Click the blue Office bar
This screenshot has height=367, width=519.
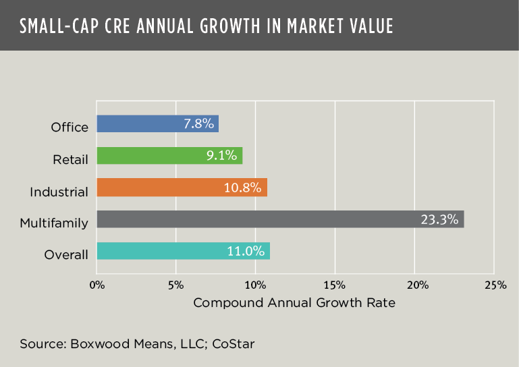[157, 123]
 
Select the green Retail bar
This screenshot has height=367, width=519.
[169, 156]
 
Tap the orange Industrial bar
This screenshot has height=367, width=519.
[182, 187]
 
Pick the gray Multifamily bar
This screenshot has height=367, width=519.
[280, 219]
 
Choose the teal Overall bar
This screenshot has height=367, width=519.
[183, 251]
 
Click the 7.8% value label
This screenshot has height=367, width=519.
[199, 123]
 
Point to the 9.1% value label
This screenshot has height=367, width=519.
[222, 156]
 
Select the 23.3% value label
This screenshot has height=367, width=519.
[440, 219]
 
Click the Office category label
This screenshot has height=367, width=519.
[70, 128]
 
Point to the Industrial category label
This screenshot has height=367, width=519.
[59, 192]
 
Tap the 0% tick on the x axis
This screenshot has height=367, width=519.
[97, 285]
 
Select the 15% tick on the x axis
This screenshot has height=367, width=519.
[335, 285]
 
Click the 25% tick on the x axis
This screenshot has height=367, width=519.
[495, 285]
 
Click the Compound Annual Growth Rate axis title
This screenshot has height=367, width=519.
[294, 303]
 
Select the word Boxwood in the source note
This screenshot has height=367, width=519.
[94, 343]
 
